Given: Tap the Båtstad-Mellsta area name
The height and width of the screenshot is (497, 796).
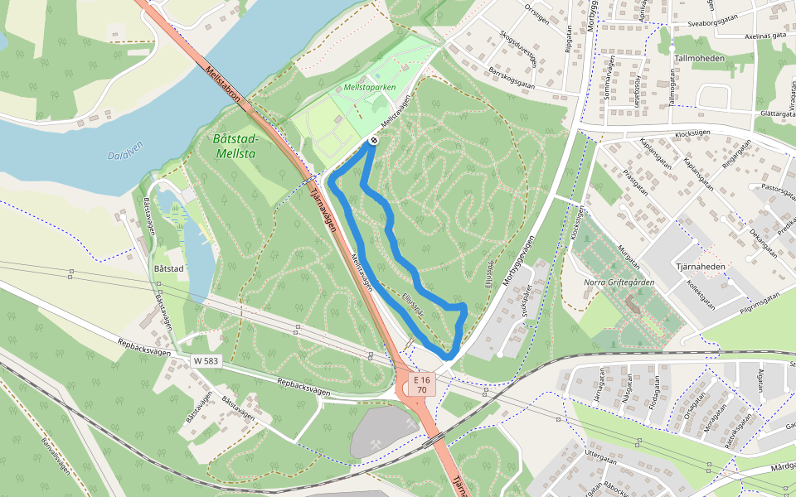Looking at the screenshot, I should (236, 146).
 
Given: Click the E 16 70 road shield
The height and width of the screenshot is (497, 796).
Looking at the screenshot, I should (422, 384).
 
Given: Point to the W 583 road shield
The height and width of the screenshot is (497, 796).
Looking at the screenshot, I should (206, 360).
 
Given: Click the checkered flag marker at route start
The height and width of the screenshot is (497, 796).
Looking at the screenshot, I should (375, 141).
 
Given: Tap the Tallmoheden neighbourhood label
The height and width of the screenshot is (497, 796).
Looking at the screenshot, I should (700, 59).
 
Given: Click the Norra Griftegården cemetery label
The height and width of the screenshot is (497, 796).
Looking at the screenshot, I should (619, 283).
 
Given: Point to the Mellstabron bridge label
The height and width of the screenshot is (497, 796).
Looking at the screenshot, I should (223, 85).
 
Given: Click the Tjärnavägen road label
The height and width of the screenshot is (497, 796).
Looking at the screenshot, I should (324, 211).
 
